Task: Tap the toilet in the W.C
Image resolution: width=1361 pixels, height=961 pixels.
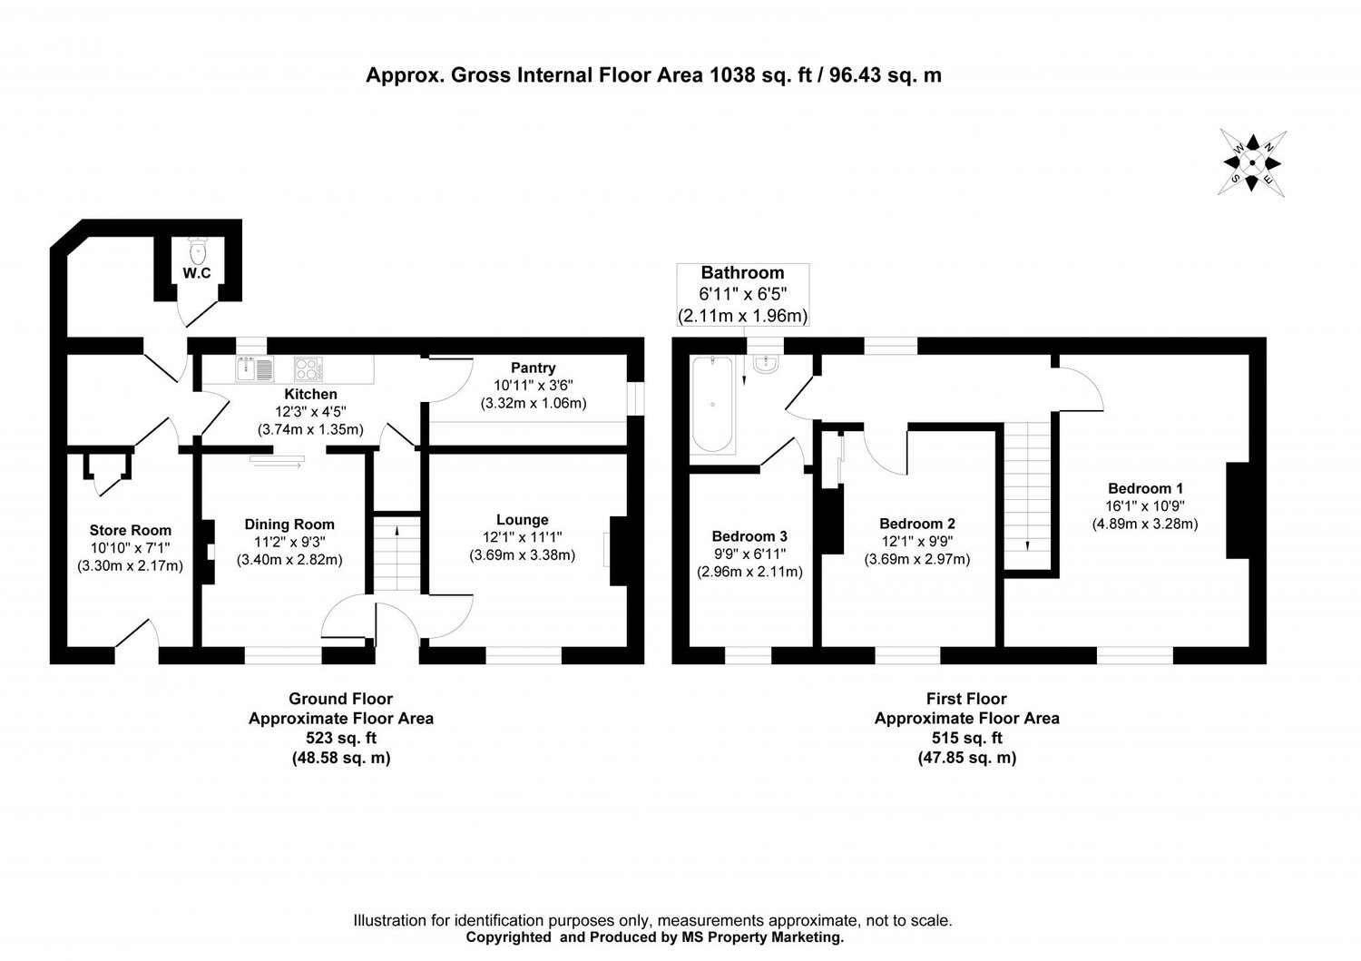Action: [197, 249]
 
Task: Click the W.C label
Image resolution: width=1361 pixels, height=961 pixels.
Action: [197, 273]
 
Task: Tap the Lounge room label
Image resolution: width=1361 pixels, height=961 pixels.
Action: [522, 520]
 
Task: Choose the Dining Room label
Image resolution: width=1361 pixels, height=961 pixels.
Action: [289, 525]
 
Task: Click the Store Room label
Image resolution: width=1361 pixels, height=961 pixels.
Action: [130, 531]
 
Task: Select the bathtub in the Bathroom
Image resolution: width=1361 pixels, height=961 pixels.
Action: [714, 405]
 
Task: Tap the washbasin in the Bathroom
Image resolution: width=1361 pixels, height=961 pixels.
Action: [766, 365]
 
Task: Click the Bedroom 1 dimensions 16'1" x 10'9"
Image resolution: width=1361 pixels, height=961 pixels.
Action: [1144, 506]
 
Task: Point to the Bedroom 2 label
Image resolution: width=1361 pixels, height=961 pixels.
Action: [916, 524]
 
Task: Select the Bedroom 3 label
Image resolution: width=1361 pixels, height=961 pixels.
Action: [749, 535]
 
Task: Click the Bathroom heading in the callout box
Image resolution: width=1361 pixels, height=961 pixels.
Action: [742, 272]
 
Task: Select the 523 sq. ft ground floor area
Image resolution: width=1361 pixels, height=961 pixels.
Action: [340, 739]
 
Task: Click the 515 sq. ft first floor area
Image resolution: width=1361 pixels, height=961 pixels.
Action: [966, 738]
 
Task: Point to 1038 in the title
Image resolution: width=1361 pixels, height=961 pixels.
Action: [730, 75]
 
